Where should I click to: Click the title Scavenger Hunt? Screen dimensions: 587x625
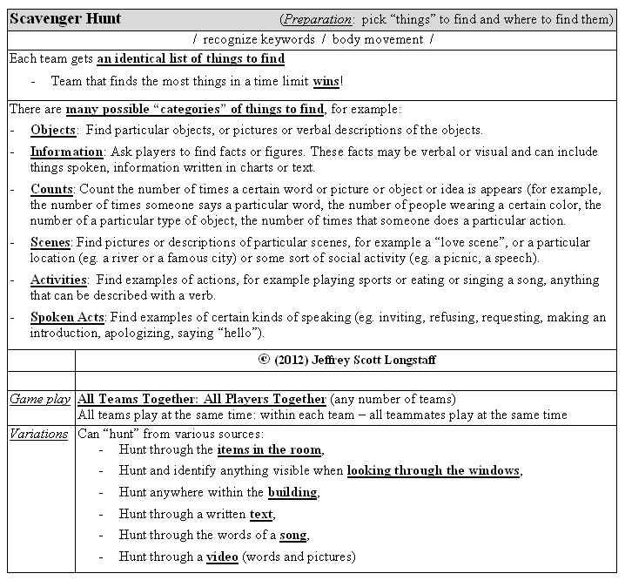tap(65, 19)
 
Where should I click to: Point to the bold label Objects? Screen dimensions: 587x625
tap(53, 131)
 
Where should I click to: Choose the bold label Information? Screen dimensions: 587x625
tap(67, 152)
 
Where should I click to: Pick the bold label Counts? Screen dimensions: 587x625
tap(51, 188)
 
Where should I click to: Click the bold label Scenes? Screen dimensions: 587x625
tap(50, 242)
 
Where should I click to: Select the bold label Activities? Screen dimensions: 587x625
tap(58, 280)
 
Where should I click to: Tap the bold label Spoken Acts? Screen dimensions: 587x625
tap(67, 317)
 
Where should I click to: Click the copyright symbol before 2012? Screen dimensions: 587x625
tap(265, 360)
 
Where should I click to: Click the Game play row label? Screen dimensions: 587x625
tap(39, 400)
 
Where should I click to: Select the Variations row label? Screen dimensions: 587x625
tap(38, 434)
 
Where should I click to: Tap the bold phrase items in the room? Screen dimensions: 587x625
tap(269, 450)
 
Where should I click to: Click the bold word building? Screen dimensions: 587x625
tap(292, 492)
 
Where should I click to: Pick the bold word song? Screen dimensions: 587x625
tap(292, 535)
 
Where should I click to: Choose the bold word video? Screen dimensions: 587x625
tap(222, 557)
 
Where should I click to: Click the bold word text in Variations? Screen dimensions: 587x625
tap(260, 514)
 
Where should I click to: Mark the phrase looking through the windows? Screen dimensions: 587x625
tap(433, 471)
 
